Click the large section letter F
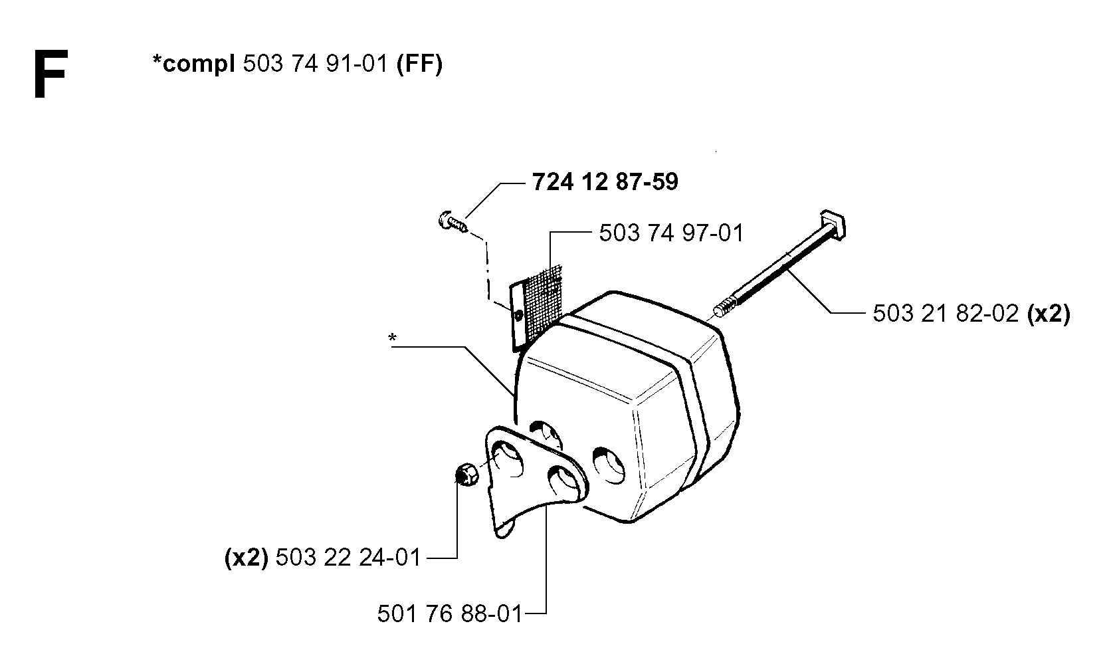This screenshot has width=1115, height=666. pyautogui.click(x=50, y=74)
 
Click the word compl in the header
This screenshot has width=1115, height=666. pyautogui.click(x=198, y=65)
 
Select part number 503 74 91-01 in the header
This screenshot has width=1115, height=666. pyautogui.click(x=315, y=64)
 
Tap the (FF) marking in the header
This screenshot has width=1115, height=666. pyautogui.click(x=419, y=64)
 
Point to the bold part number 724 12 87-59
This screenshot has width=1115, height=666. pyautogui.click(x=605, y=181)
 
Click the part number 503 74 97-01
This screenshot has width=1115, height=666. pyautogui.click(x=671, y=233)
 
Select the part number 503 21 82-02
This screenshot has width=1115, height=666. pyautogui.click(x=946, y=314)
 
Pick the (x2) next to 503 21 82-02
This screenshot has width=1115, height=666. pyautogui.click(x=1049, y=314)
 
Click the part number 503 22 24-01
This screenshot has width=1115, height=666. pyautogui.click(x=348, y=557)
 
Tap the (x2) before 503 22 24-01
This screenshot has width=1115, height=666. pyautogui.click(x=247, y=557)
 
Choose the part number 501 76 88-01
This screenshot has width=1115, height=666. pyautogui.click(x=449, y=613)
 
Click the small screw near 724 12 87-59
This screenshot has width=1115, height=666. pyautogui.click(x=453, y=222)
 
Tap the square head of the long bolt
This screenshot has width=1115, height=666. pyautogui.click(x=833, y=224)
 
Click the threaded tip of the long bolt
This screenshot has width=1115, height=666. pyautogui.click(x=725, y=308)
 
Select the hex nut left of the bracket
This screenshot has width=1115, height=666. pyautogui.click(x=467, y=473)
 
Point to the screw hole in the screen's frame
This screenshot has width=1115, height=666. pyautogui.click(x=519, y=315)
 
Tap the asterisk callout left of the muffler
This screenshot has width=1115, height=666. pyautogui.click(x=393, y=338)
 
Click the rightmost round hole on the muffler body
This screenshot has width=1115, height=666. pyautogui.click(x=609, y=465)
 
